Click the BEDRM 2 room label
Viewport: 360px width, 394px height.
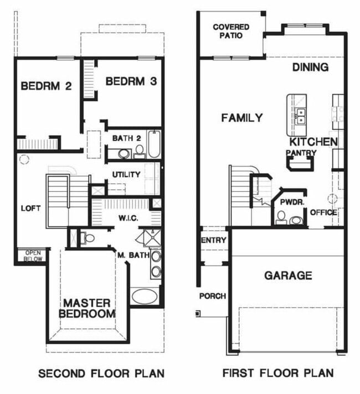(47, 86)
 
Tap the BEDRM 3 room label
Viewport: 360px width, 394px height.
(131, 81)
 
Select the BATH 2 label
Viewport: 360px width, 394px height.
(123, 138)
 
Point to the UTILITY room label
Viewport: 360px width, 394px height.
(126, 175)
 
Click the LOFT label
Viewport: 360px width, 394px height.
(30, 209)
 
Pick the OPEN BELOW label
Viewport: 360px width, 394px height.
(32, 256)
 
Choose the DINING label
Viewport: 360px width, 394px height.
(310, 68)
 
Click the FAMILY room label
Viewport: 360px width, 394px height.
(242, 117)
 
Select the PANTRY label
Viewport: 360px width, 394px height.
(301, 153)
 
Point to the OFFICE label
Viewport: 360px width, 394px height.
(323, 212)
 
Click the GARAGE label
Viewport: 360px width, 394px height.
(287, 276)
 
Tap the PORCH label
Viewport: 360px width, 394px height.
(213, 296)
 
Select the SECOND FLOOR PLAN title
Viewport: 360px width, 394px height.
(101, 374)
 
